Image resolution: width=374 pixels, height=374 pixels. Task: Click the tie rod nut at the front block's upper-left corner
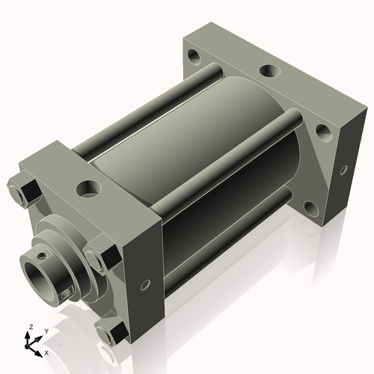[x=22, y=191]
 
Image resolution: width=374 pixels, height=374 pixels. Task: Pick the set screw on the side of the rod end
[x=67, y=291]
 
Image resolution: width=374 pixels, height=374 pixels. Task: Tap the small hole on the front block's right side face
[x=145, y=283]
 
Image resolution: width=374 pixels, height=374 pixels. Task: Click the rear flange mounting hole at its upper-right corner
[x=323, y=132]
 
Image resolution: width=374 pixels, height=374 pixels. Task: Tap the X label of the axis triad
[x=46, y=352]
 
